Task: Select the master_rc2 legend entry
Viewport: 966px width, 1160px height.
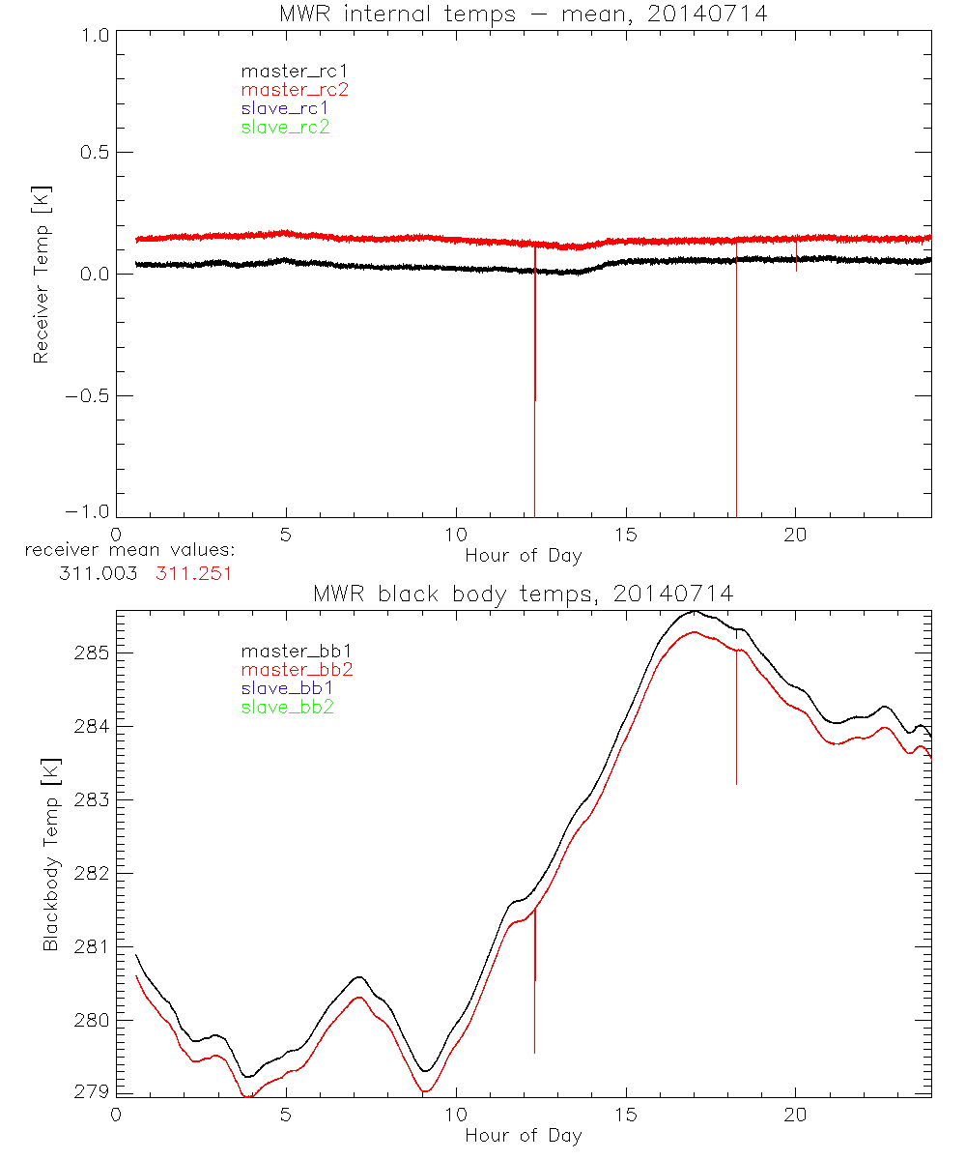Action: coord(294,89)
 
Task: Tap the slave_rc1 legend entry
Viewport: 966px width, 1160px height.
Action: coord(285,107)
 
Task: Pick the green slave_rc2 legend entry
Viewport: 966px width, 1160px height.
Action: coord(285,127)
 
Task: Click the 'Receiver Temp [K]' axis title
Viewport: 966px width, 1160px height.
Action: coord(41,275)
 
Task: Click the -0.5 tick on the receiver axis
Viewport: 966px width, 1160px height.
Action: coord(86,396)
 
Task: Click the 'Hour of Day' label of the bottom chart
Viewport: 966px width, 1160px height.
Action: coord(523,1135)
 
